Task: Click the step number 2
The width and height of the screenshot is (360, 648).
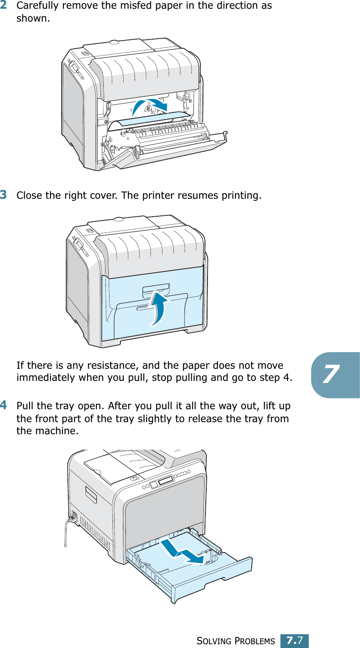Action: click(x=3, y=5)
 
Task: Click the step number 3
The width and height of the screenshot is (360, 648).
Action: click(x=3, y=195)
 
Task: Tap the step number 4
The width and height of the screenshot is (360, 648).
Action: click(x=3, y=405)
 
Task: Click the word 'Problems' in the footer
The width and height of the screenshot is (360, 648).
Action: click(x=255, y=641)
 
